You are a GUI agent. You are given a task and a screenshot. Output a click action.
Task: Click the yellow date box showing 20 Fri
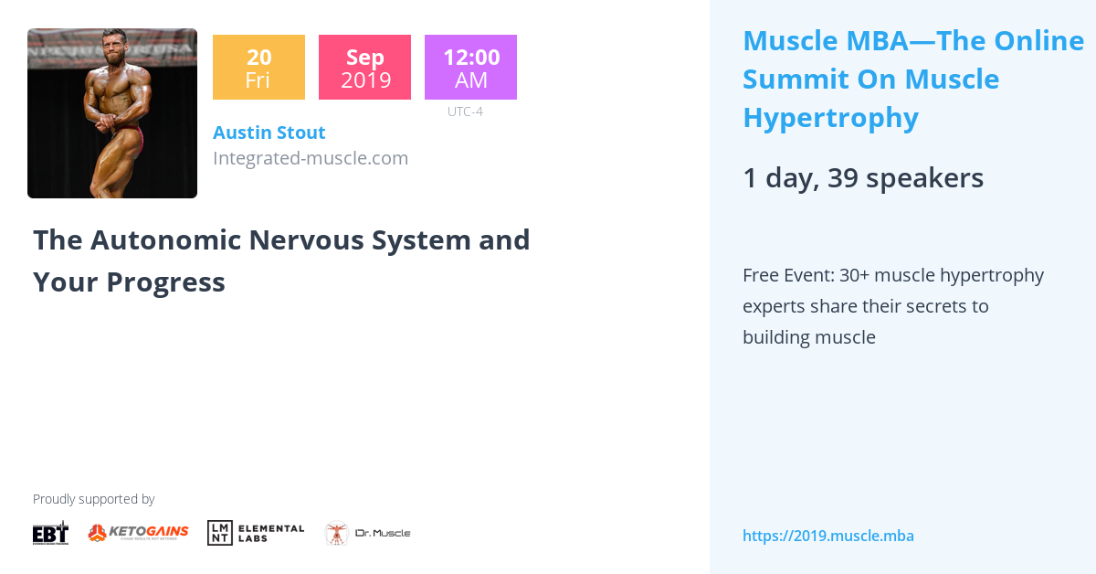[258, 67]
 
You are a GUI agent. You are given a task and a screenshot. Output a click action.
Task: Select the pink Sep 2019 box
[364, 67]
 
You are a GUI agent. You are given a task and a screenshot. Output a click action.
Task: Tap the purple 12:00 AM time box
[470, 67]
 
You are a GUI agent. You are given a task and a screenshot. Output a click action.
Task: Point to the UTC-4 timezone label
[465, 112]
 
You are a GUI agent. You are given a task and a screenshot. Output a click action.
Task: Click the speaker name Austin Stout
[269, 133]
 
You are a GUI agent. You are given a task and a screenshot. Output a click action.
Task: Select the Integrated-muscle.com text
[311, 158]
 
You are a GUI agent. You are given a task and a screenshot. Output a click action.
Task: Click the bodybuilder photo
[112, 113]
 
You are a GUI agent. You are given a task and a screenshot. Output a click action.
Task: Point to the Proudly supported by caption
[93, 499]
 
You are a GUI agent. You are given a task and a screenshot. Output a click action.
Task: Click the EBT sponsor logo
[50, 532]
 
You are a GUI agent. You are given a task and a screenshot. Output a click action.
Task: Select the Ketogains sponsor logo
[138, 532]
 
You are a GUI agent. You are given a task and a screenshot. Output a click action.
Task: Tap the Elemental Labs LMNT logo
[256, 532]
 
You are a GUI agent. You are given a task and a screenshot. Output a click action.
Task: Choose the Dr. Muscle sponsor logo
[368, 533]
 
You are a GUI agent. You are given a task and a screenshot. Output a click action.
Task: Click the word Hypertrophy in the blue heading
[830, 118]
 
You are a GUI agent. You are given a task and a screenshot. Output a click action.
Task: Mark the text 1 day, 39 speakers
[863, 178]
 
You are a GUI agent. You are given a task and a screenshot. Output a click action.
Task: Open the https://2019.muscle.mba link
[827, 536]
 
